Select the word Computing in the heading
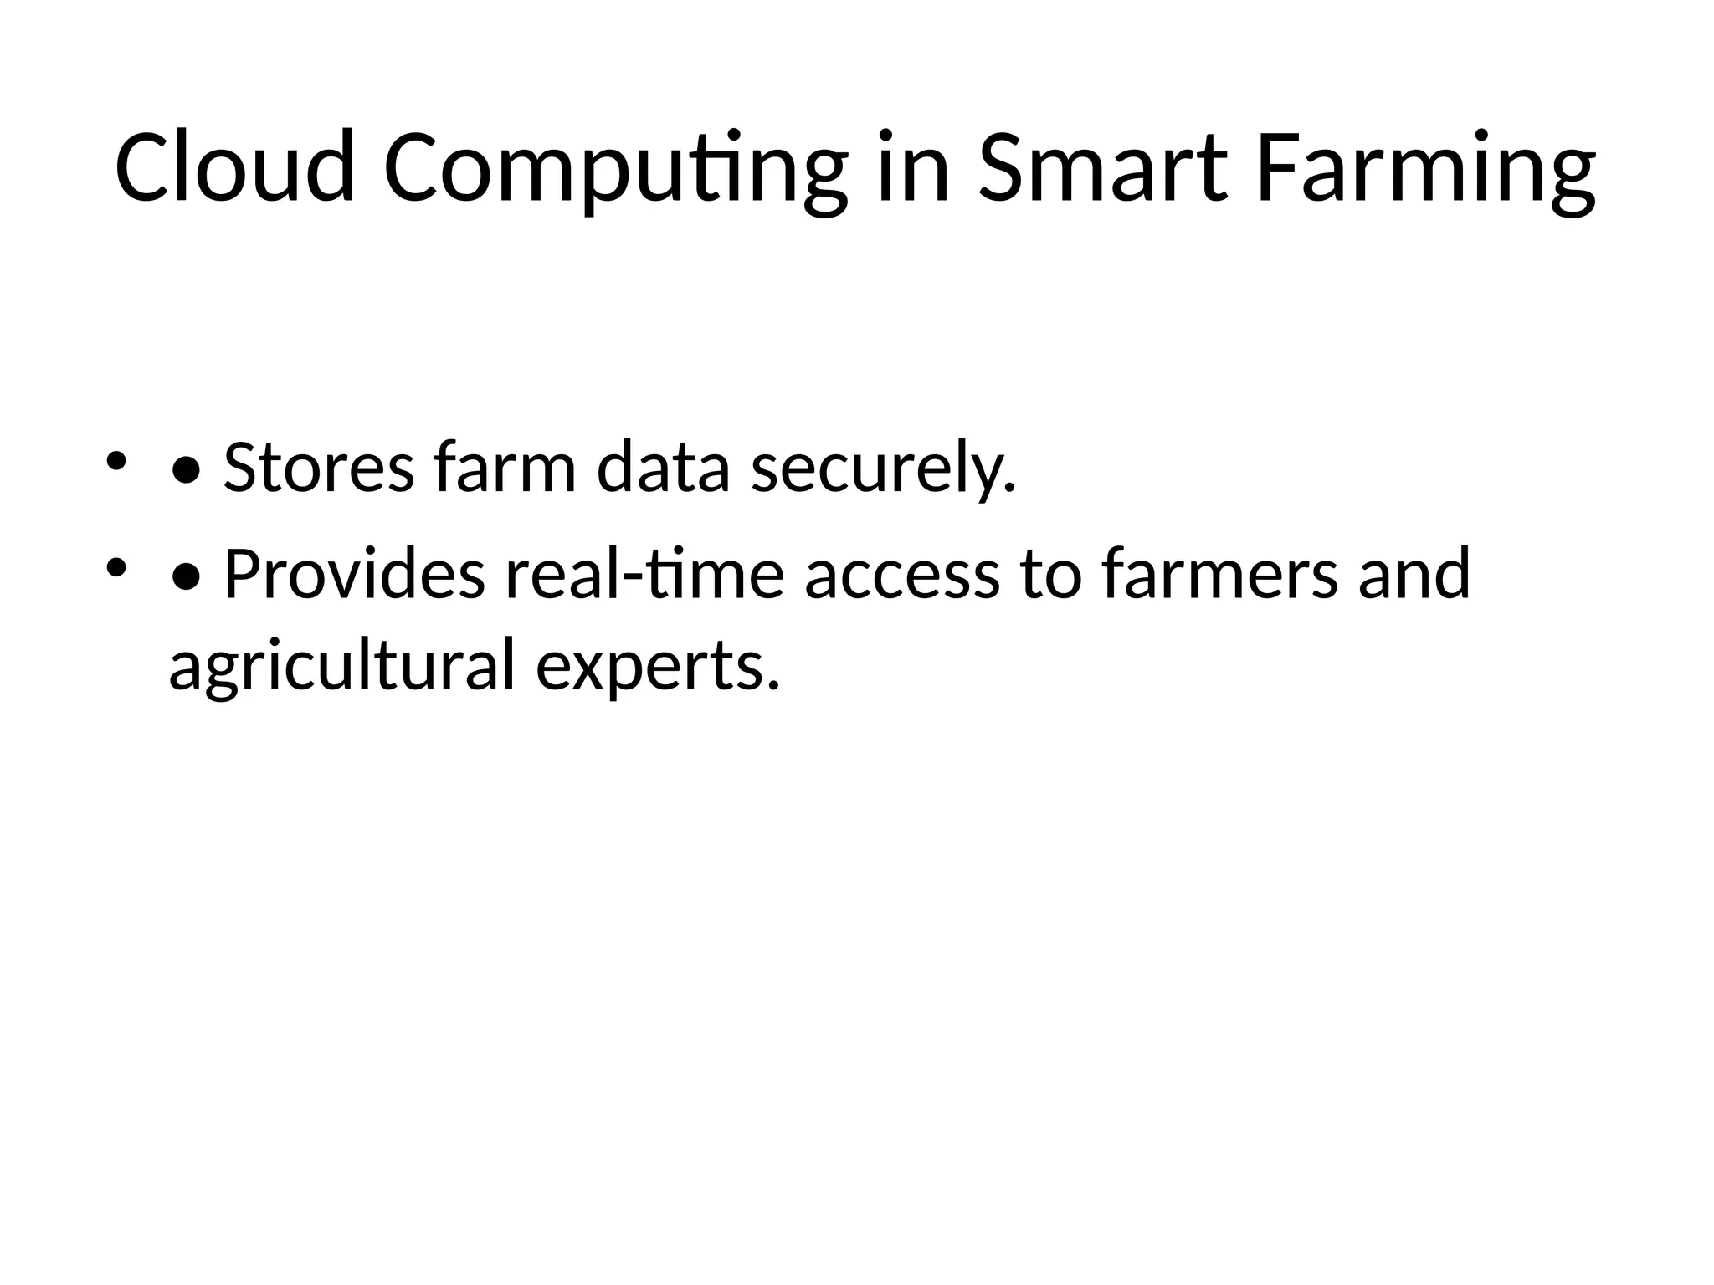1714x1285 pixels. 615,172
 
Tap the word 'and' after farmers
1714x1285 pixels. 1414,575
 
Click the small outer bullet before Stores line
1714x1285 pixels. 115,461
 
